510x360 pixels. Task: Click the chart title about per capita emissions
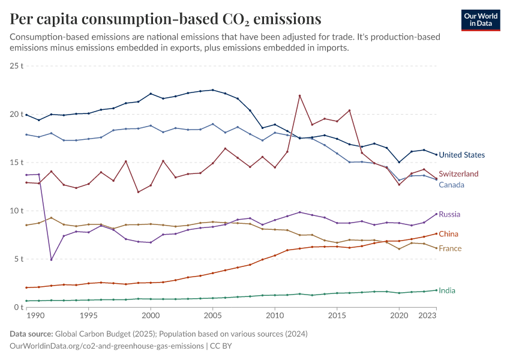[x=165, y=19]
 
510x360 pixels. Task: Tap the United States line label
[x=461, y=155]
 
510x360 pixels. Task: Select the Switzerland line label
[x=458, y=173]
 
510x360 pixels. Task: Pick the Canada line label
[x=451, y=185]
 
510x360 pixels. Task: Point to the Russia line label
[x=449, y=214]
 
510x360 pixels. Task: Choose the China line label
[x=449, y=234]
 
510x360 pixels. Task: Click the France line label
[x=450, y=248]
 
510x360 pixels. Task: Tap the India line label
[x=447, y=290]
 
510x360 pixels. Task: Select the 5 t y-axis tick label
[x=18, y=259]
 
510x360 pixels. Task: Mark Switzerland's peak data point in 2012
[x=299, y=96]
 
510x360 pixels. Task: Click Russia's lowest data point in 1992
[x=51, y=260]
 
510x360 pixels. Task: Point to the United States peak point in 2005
[x=212, y=90]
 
